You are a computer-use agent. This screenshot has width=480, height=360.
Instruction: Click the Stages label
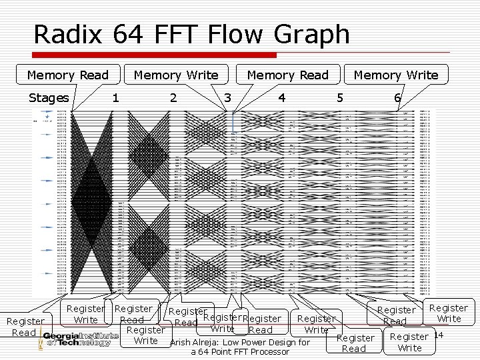[48, 98]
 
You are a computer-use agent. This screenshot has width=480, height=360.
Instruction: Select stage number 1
[116, 98]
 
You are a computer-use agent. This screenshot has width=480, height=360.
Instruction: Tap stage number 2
[173, 98]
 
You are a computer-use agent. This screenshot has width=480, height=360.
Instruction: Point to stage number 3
[227, 98]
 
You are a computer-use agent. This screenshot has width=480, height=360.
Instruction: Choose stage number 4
[282, 98]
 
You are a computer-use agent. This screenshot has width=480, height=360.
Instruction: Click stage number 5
[340, 98]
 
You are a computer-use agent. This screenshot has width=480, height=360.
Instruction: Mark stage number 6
[397, 98]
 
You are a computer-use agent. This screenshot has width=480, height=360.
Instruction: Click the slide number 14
[438, 334]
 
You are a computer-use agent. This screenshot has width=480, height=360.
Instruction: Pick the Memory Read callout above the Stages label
[68, 75]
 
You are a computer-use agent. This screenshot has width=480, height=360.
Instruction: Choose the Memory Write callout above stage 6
[396, 75]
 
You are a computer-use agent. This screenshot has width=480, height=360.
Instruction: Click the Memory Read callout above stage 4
[288, 75]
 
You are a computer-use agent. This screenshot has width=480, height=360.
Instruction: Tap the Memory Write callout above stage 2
[176, 75]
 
